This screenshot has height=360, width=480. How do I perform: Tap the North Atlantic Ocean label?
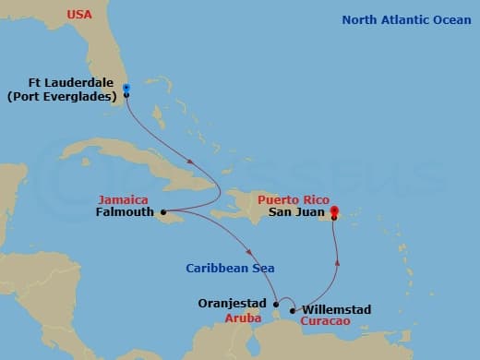coord(406,19)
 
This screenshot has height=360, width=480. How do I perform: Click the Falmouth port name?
coord(125,211)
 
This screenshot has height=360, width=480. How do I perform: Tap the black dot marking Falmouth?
coord(163,212)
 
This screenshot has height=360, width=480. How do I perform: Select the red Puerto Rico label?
coord(295,198)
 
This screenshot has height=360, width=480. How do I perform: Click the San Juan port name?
coord(295,210)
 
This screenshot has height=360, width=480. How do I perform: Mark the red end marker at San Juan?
coord(333,210)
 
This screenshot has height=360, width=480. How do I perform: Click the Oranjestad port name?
coord(234,303)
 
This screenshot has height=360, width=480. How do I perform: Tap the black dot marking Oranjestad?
coord(276,304)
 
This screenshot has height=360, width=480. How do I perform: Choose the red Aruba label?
coord(244,317)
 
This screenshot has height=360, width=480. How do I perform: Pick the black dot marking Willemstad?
coord(294,310)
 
